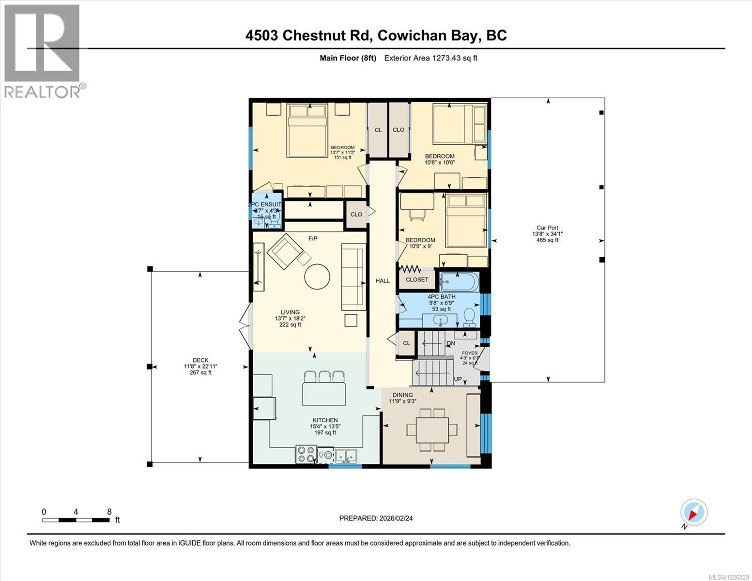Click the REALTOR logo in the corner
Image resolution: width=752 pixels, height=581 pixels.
tap(42, 51)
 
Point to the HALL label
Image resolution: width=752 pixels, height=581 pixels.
tap(383, 281)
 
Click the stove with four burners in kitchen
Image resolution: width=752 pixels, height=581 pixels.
tap(306, 455)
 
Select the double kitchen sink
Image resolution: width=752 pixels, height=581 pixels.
tap(346, 455)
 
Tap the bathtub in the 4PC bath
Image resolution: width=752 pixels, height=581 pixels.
tap(459, 281)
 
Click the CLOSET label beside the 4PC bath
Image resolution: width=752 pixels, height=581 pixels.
tap(417, 280)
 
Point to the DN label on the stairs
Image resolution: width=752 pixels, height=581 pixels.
tap(451, 343)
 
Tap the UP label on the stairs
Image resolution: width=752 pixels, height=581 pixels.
tap(458, 379)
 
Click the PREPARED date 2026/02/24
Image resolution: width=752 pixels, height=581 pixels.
tap(376, 518)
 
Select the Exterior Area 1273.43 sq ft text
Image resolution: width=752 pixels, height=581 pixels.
tap(430, 58)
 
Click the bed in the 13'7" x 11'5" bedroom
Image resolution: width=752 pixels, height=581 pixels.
tap(308, 129)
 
